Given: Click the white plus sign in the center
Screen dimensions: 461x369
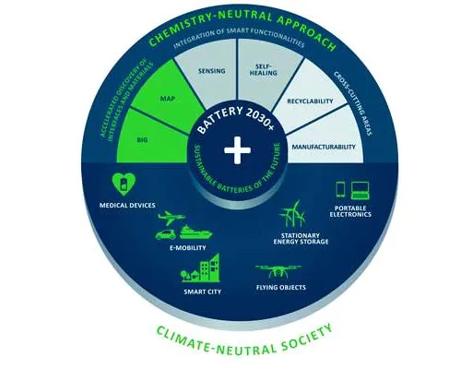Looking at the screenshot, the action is (x=237, y=150).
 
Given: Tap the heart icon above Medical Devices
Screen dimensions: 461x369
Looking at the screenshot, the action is (x=124, y=184).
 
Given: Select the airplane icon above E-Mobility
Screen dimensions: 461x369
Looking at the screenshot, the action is (x=171, y=218).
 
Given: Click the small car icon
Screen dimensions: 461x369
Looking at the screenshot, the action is (x=165, y=235).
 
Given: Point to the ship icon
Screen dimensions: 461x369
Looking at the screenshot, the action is (x=195, y=232).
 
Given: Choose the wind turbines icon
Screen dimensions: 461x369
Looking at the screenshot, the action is (x=292, y=214).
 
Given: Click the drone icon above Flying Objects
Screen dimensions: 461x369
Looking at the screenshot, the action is (x=278, y=271).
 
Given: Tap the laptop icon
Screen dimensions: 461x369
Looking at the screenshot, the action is (x=360, y=191).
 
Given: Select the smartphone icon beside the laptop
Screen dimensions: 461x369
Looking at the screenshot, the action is (x=341, y=189).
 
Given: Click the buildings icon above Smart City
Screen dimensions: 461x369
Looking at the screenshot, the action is (x=200, y=268).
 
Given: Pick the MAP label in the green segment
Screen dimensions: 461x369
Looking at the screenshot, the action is (x=168, y=99).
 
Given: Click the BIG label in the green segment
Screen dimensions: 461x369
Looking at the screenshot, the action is (x=142, y=140).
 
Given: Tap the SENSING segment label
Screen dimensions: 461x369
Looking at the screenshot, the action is (x=212, y=71).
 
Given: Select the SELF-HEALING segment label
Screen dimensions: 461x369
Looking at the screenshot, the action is (x=264, y=70).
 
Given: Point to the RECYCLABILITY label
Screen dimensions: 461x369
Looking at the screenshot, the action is (x=310, y=101).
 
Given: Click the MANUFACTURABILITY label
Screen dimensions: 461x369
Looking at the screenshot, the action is (x=324, y=147).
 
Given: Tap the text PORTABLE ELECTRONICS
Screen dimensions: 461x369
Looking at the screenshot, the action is (x=350, y=211).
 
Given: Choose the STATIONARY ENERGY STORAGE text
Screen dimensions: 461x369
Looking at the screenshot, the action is (x=301, y=239).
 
